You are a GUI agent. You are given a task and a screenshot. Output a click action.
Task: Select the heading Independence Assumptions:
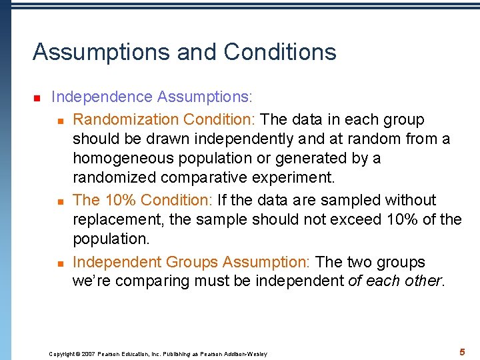[152, 97]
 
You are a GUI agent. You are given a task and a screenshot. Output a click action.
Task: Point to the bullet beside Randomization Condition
[59, 121]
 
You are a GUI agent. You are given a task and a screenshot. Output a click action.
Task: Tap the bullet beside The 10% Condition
[59, 201]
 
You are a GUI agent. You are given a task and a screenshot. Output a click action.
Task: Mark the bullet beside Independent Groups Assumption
[59, 263]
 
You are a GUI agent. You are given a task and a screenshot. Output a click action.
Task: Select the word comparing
[151, 281]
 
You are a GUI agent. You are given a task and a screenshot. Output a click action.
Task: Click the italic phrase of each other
[395, 281]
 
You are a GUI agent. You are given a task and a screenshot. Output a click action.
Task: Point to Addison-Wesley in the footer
[247, 354]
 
